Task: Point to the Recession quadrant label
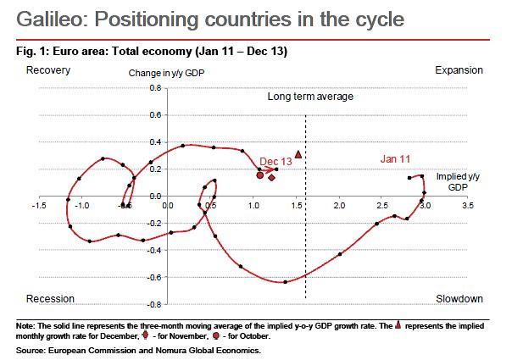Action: click(x=51, y=299)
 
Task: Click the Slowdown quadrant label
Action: click(x=459, y=299)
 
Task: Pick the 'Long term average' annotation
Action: click(x=310, y=97)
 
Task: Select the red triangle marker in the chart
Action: click(x=298, y=156)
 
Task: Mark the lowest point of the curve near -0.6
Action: click(x=285, y=282)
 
